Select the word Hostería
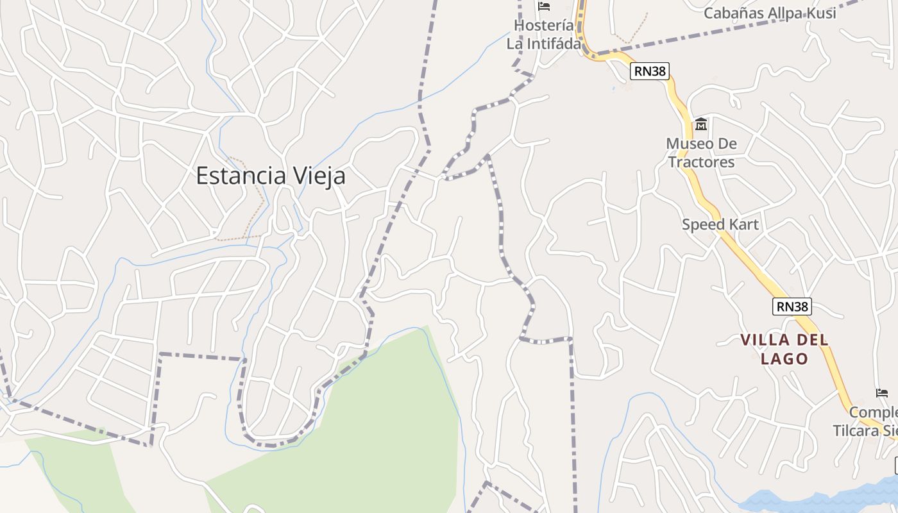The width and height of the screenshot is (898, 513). (x=544, y=26)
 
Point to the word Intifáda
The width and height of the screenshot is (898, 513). (x=553, y=44)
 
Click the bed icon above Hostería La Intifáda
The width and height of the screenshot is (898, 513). (x=544, y=7)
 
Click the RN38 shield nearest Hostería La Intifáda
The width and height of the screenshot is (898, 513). (x=650, y=71)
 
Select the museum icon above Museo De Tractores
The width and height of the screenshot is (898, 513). (x=701, y=124)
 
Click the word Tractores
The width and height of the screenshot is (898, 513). (x=701, y=162)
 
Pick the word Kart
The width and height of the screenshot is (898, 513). (x=743, y=224)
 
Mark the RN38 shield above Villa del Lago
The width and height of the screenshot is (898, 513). (x=792, y=307)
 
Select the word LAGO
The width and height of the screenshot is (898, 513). (x=784, y=358)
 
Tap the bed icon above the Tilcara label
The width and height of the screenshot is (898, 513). (x=882, y=392)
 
